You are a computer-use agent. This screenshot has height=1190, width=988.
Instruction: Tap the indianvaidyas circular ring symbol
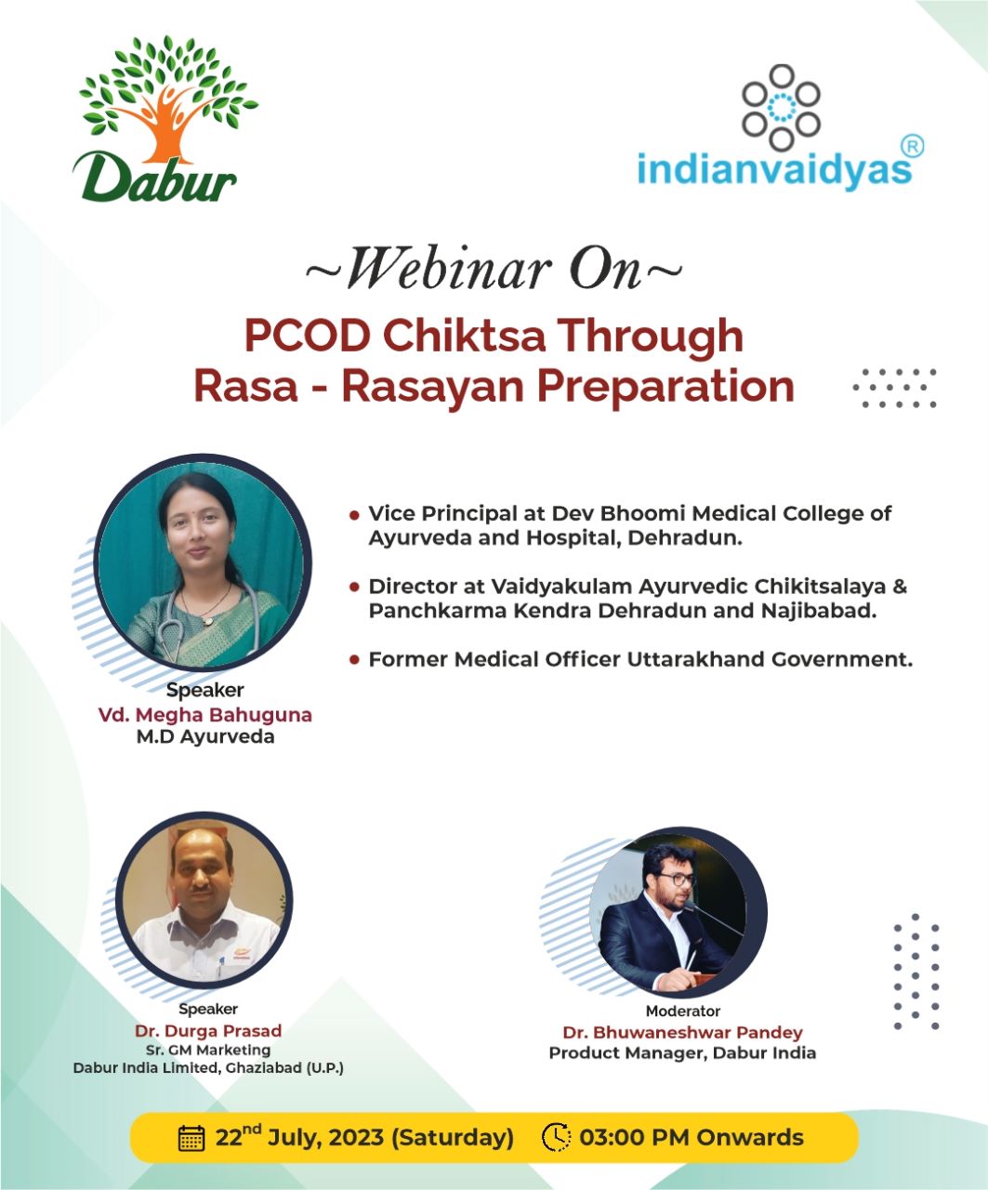[x=781, y=107]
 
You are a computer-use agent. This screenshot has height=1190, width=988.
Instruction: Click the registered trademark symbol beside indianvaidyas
[x=912, y=147]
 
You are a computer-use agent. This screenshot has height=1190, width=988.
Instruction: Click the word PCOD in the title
[x=307, y=335]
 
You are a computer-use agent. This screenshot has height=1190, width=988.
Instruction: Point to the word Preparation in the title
[x=665, y=388]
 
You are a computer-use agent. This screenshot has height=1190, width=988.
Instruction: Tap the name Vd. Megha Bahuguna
[x=205, y=715]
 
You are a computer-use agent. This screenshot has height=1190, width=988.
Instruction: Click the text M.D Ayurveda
[x=205, y=737]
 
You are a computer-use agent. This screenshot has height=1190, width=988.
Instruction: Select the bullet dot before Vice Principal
[x=354, y=515]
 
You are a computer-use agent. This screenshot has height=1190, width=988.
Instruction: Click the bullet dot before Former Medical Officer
[x=354, y=660]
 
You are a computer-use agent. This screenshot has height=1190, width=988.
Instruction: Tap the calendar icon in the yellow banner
[x=191, y=1138]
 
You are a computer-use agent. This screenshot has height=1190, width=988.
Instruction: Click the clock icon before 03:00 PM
[x=556, y=1137]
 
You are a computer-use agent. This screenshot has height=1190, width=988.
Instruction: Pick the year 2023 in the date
[x=356, y=1138]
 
